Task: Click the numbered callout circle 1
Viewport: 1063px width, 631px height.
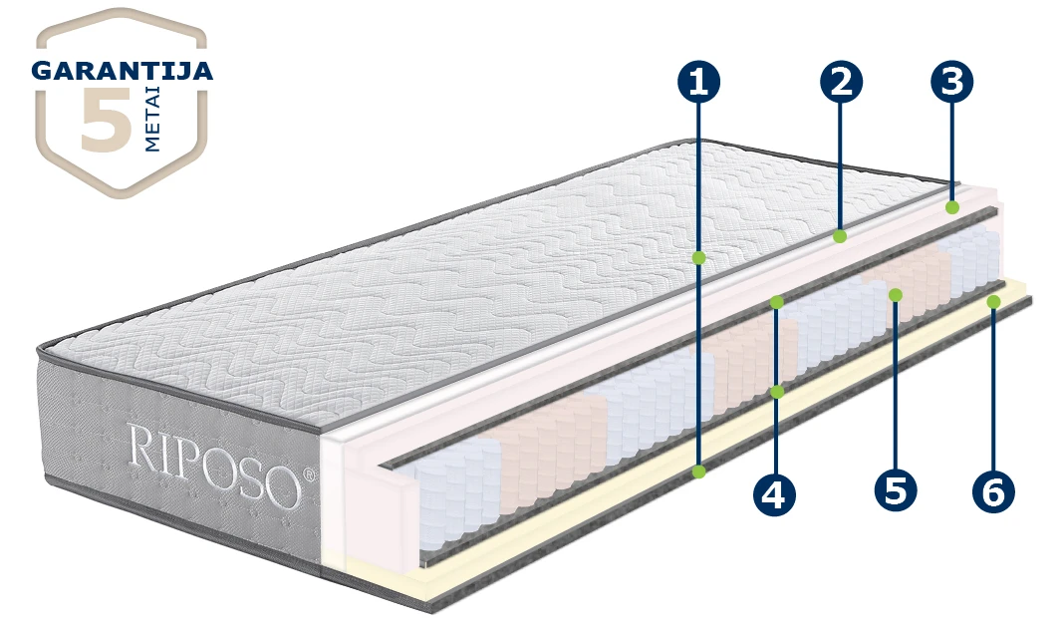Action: click(699, 82)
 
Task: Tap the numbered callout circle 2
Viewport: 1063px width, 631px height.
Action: click(841, 82)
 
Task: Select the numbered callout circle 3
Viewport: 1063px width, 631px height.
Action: click(951, 82)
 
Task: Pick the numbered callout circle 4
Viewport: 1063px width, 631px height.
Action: click(773, 493)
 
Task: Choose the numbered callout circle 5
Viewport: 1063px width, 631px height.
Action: click(896, 489)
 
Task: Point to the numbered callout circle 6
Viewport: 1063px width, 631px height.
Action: click(993, 491)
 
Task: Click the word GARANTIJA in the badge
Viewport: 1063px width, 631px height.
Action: click(122, 71)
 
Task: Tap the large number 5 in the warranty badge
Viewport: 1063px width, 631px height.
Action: click(106, 119)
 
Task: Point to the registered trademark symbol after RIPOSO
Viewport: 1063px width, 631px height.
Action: click(309, 473)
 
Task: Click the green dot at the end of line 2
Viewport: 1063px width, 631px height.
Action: click(840, 236)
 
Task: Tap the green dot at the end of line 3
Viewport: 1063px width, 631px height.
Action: click(952, 207)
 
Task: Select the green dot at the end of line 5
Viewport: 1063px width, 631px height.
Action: click(896, 294)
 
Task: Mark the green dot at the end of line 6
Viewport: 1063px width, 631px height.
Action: click(994, 302)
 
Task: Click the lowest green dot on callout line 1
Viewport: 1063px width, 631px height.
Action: click(699, 471)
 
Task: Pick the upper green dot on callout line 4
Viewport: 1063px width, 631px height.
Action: click(777, 302)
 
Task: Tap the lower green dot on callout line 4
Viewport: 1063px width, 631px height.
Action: click(777, 392)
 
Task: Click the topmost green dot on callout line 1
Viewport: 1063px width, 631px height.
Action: click(699, 258)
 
